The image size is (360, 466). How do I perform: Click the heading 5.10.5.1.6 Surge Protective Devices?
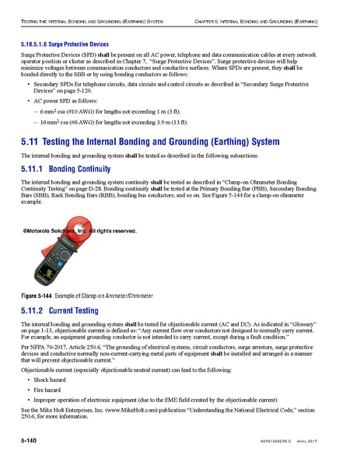[x=65, y=46]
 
